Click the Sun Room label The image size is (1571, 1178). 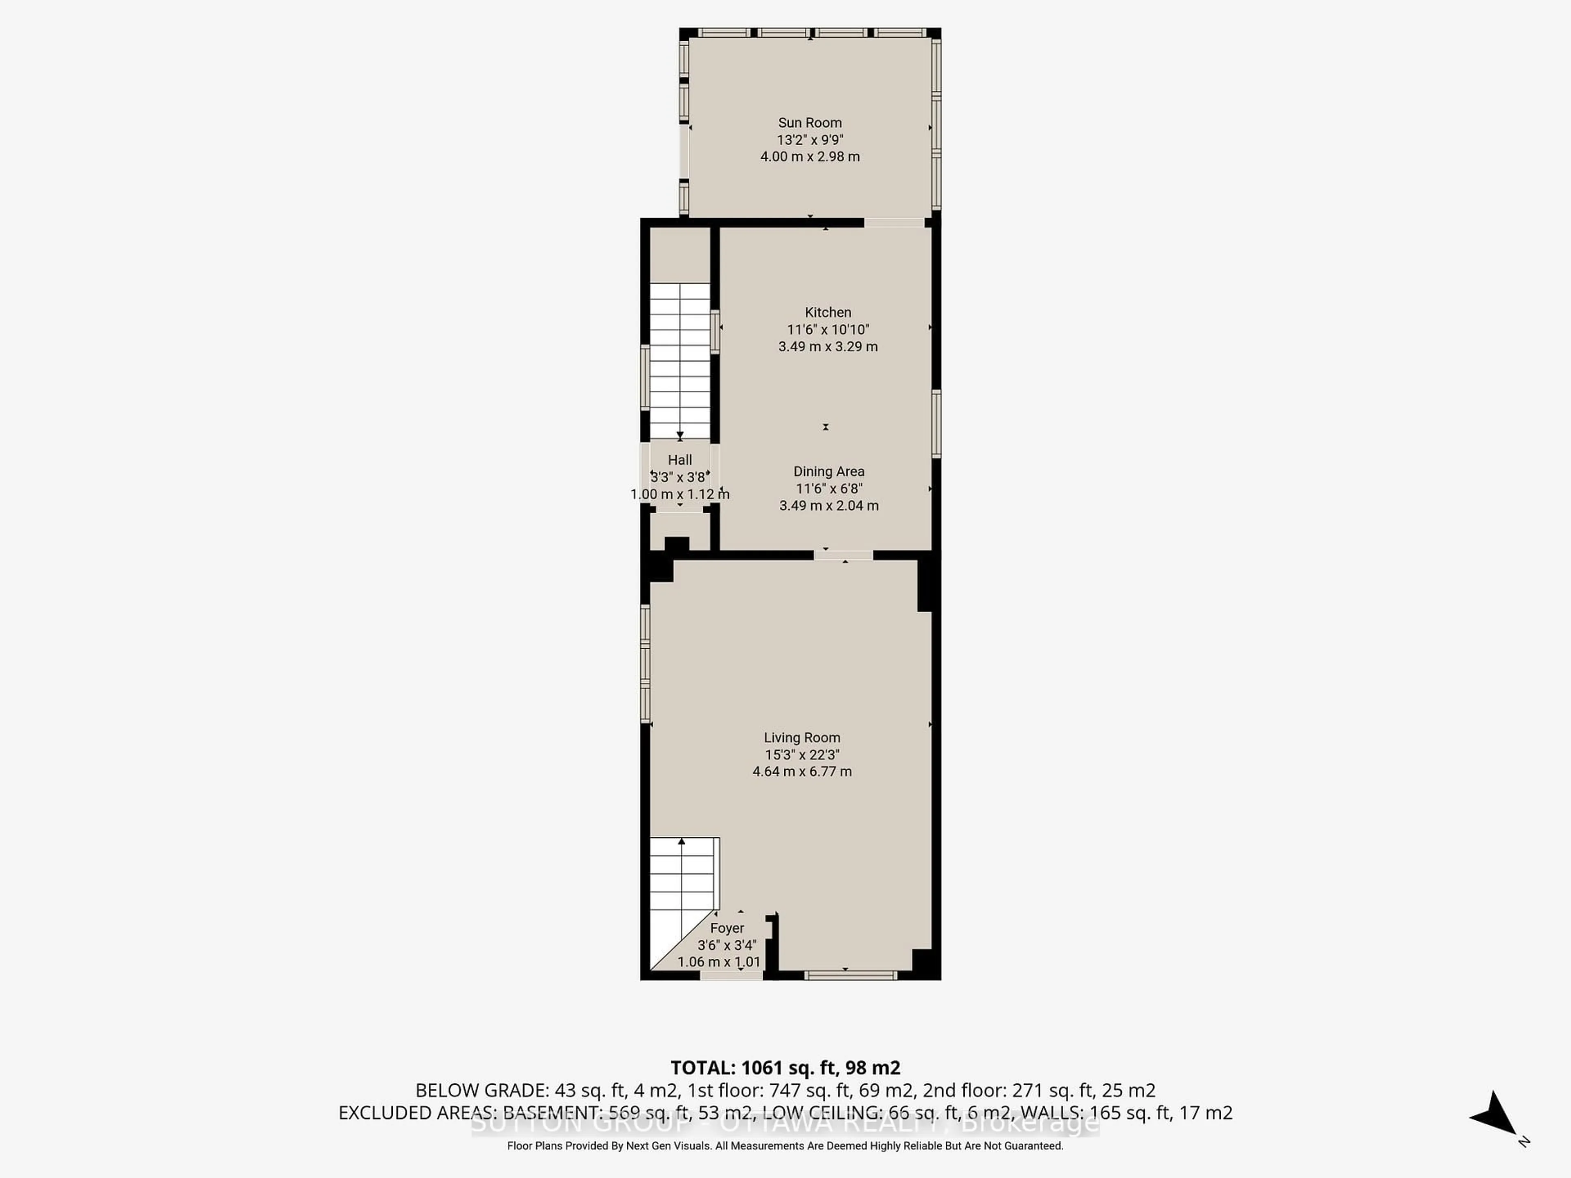[810, 123]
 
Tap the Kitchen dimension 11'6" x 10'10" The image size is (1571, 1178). [828, 329]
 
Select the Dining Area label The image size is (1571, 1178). [829, 472]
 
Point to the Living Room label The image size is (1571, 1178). [802, 738]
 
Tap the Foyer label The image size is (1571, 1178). [727, 928]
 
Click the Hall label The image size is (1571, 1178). [680, 460]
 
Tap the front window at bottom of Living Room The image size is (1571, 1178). [850, 976]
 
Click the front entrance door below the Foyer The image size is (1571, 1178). [731, 976]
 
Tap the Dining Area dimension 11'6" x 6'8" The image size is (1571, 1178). [829, 488]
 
